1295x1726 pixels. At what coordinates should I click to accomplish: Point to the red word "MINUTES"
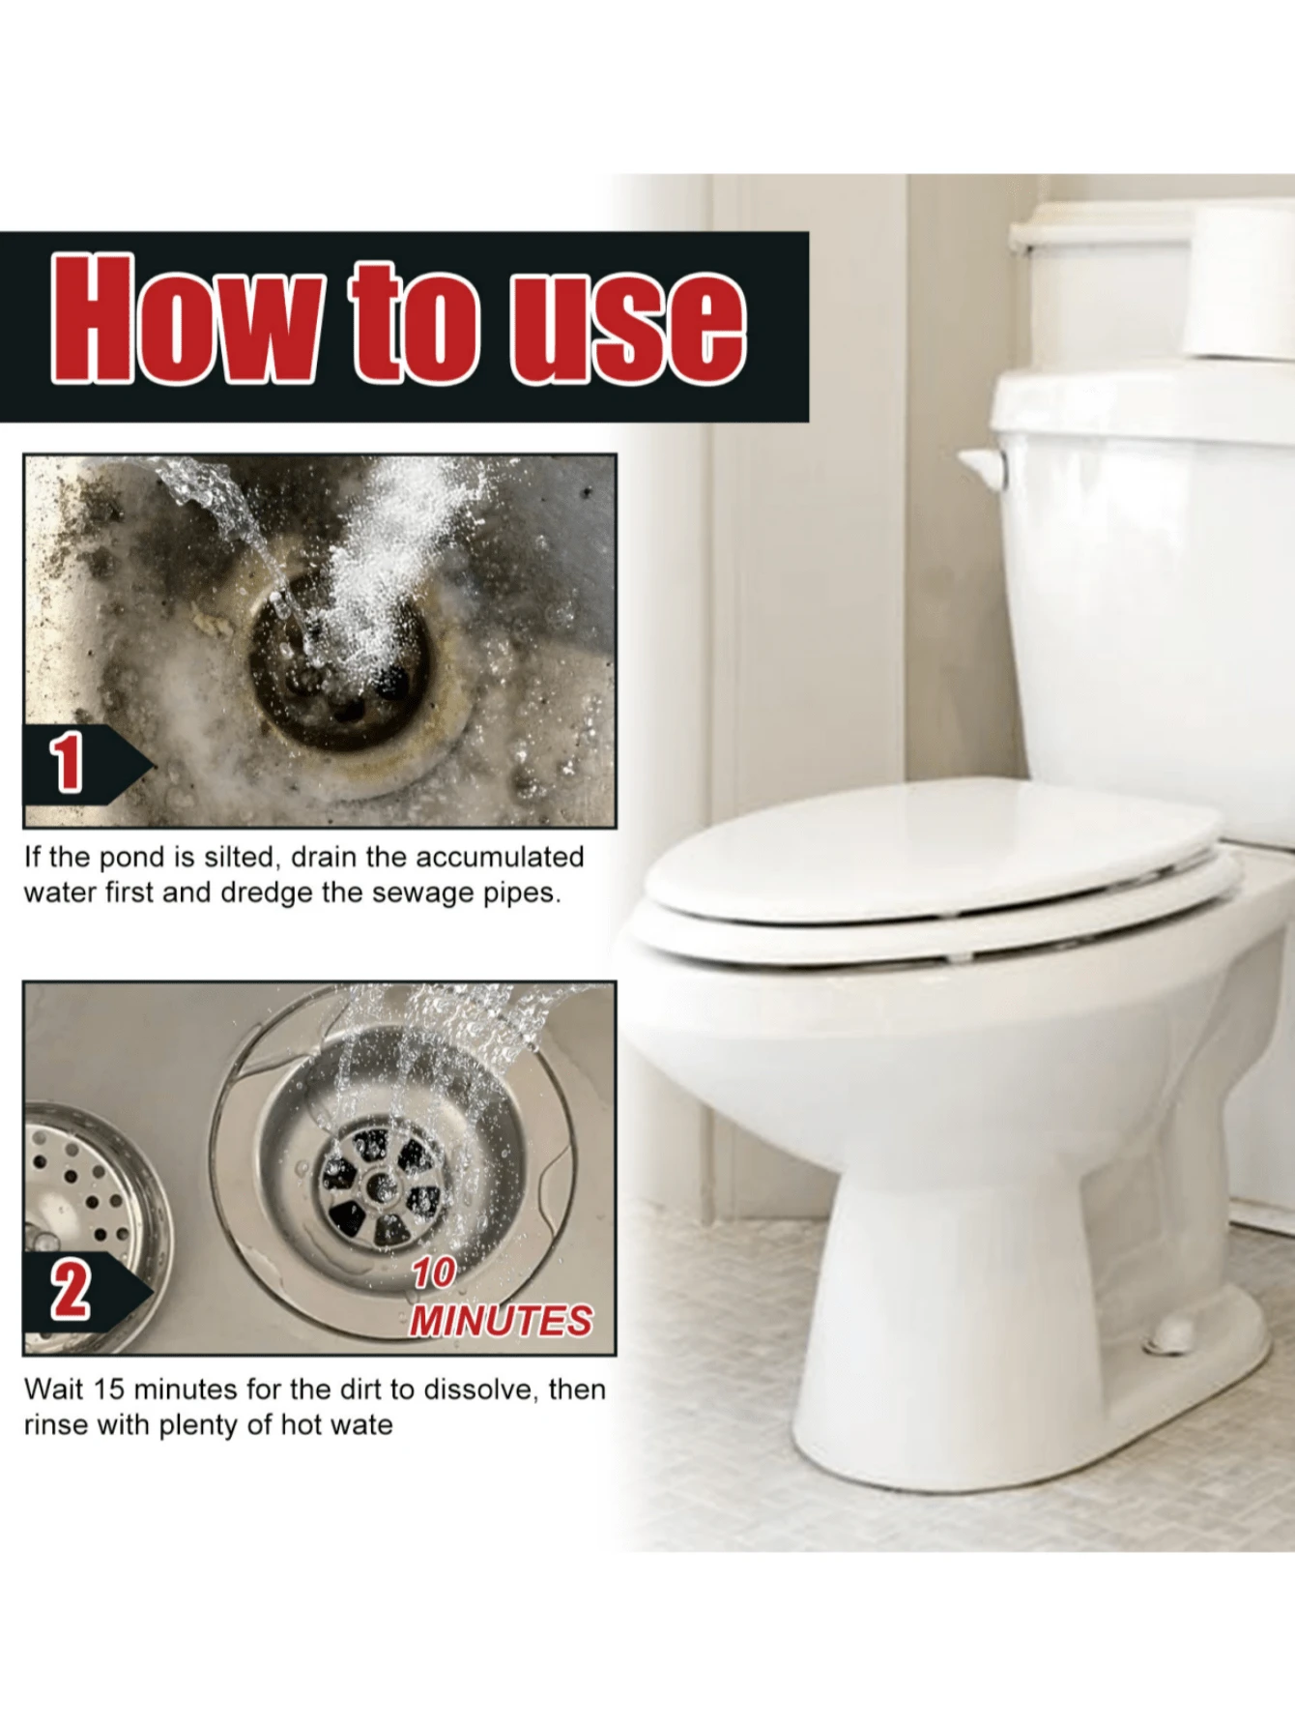pos(501,1321)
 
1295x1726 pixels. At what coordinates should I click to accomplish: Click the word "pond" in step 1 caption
pos(132,858)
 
